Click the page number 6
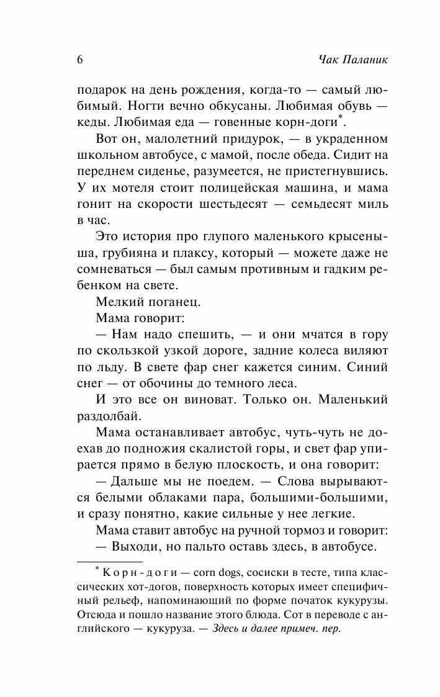[x=79, y=60]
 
